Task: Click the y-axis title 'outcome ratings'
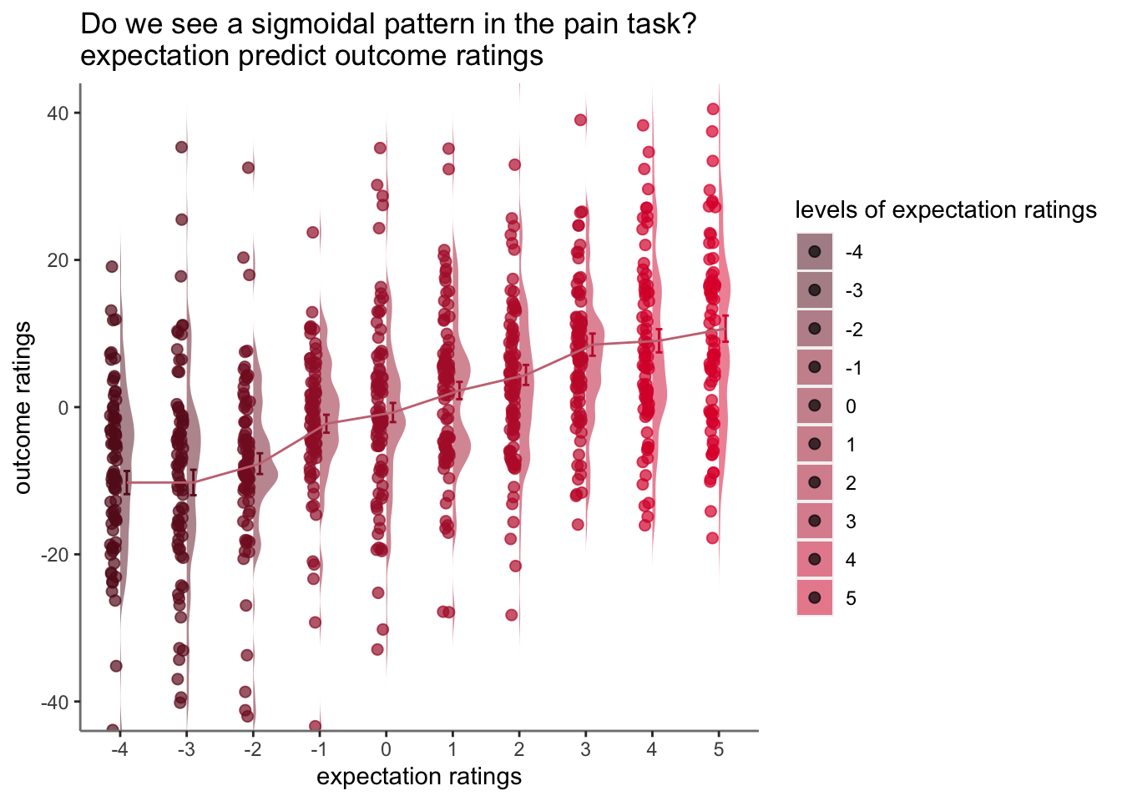pyautogui.click(x=23, y=407)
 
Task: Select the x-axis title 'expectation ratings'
pyautogui.click(x=419, y=778)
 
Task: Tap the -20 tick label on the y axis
pyautogui.click(x=54, y=555)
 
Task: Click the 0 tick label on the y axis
pyautogui.click(x=63, y=408)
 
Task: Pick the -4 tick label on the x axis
pyautogui.click(x=119, y=749)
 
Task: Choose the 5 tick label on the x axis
pyautogui.click(x=719, y=749)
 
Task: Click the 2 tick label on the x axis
pyautogui.click(x=519, y=749)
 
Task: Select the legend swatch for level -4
pyautogui.click(x=815, y=251)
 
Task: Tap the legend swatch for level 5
pyautogui.click(x=815, y=597)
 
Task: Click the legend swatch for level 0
pyautogui.click(x=815, y=405)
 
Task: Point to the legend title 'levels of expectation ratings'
pyautogui.click(x=946, y=209)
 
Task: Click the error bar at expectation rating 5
pyautogui.click(x=725, y=329)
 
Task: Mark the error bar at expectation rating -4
pyautogui.click(x=127, y=482)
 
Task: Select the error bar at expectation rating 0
pyautogui.click(x=393, y=412)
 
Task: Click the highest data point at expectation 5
pyautogui.click(x=713, y=109)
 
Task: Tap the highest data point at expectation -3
pyautogui.click(x=181, y=147)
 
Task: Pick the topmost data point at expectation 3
pyautogui.click(x=580, y=120)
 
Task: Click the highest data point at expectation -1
pyautogui.click(x=312, y=232)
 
